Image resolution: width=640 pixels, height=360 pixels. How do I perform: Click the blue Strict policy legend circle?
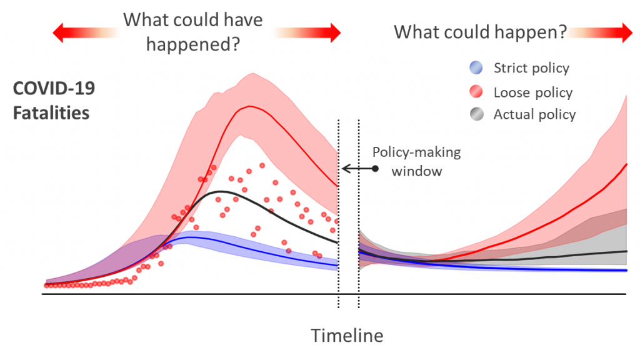[x=476, y=67]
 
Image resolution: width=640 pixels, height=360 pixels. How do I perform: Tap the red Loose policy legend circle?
[x=476, y=92]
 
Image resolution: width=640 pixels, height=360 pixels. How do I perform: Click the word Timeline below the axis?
[x=347, y=336]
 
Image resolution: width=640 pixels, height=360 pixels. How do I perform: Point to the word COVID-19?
[x=54, y=88]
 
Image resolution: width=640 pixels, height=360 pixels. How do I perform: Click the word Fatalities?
[x=51, y=112]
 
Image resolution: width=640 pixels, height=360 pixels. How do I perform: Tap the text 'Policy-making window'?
[x=417, y=161]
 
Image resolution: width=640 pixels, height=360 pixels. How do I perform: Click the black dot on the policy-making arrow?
[x=375, y=168]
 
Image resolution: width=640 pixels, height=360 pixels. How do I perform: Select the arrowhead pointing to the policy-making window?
[x=345, y=168]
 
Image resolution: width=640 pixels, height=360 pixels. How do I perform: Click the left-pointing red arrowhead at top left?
[x=58, y=32]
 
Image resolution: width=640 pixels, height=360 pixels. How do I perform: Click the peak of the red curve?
[x=249, y=106]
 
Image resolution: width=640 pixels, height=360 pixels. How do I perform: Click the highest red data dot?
[x=262, y=166]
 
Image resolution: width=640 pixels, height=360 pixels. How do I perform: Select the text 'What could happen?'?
[x=481, y=32]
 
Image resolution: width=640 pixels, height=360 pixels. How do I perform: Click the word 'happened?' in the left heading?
[x=193, y=44]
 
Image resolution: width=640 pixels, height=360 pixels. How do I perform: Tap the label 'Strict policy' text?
[x=531, y=67]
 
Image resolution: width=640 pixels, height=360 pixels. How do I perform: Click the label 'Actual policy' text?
[x=535, y=114]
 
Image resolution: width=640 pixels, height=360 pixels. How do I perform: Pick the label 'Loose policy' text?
[x=533, y=92]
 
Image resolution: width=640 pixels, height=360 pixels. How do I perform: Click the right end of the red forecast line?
[x=626, y=164]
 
